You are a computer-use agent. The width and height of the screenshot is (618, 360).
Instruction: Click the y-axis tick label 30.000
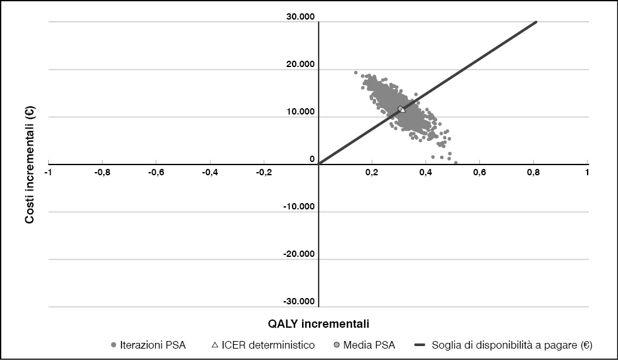click(x=300, y=17)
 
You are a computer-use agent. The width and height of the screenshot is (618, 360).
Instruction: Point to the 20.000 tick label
click(x=300, y=65)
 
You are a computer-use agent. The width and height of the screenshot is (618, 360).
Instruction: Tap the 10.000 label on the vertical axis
click(x=300, y=112)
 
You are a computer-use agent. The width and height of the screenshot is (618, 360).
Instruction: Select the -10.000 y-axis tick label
click(x=298, y=207)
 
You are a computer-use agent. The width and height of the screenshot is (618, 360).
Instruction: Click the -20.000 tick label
click(x=298, y=254)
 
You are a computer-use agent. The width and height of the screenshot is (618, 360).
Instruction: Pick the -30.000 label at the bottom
click(x=298, y=302)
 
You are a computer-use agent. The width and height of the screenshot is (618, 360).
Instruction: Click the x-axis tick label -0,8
click(x=103, y=172)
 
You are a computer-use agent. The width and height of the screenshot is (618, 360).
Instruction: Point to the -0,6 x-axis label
click(x=157, y=172)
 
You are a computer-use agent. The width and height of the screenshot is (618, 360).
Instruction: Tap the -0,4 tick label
click(x=211, y=172)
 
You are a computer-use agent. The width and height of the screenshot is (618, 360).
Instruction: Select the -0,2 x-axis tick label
click(x=265, y=172)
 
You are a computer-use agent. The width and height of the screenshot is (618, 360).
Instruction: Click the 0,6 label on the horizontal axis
click(x=479, y=172)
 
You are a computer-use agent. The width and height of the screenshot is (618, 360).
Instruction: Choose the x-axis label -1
click(x=50, y=172)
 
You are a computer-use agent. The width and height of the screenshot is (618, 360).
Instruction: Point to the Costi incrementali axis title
click(x=29, y=164)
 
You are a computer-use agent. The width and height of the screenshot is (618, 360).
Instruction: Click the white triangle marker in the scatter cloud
click(x=402, y=109)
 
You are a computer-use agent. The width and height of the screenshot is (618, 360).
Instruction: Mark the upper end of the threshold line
click(x=536, y=22)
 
